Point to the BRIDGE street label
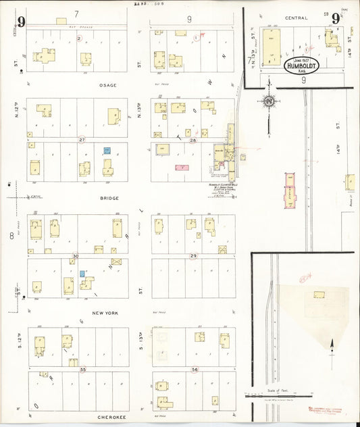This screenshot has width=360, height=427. tap(109, 198)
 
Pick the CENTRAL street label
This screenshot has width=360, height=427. tap(297, 18)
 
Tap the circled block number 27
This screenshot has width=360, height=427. tap(82, 140)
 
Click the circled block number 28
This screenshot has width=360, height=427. tap(192, 140)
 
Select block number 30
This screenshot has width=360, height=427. tap(76, 256)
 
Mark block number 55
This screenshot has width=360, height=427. tap(83, 370)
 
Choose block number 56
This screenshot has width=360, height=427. tap(195, 370)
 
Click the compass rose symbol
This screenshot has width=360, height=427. tap(269, 102)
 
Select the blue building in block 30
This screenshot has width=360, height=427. tap(82, 274)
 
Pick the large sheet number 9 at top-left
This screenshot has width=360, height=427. tap(22, 22)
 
